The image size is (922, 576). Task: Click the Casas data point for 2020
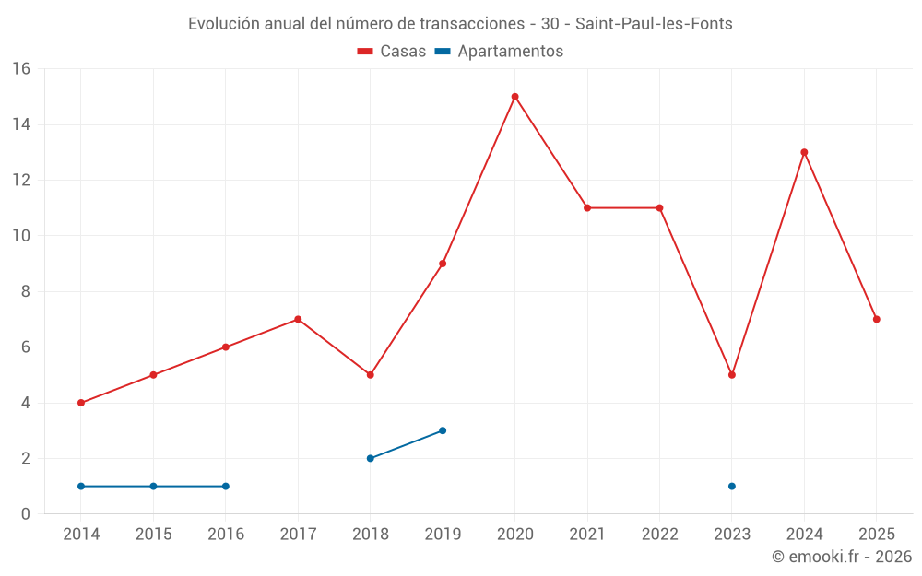(514, 97)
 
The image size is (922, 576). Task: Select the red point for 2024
(804, 152)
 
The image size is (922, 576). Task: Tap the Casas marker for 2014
(81, 403)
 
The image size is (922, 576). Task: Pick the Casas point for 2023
(732, 375)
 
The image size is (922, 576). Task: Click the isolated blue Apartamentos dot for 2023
(732, 486)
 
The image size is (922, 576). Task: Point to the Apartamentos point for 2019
(443, 430)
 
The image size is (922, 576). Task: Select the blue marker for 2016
(226, 486)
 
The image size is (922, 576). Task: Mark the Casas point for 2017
(298, 319)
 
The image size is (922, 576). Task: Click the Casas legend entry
(392, 52)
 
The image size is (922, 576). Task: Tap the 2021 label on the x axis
(587, 535)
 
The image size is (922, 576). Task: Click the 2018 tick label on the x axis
(370, 535)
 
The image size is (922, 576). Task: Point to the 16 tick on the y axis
(21, 69)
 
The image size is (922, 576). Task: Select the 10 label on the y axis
(21, 236)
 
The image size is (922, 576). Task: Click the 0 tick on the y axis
(26, 513)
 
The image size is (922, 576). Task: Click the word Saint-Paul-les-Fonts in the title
(654, 24)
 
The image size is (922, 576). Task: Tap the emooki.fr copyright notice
(842, 557)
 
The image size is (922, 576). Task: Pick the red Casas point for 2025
(877, 319)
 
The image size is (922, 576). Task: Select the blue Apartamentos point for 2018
(370, 458)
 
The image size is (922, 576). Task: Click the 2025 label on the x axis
(877, 535)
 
